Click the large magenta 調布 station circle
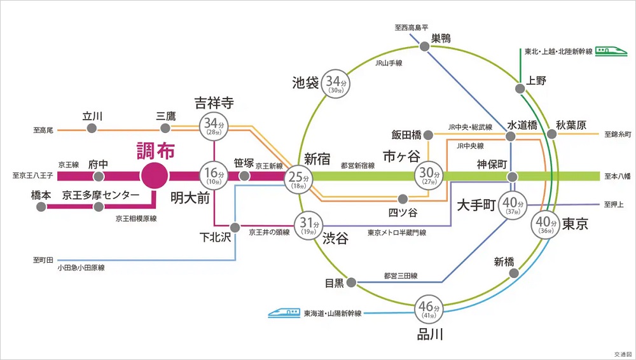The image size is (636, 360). pyautogui.click(x=155, y=175)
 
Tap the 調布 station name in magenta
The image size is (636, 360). pyautogui.click(x=156, y=151)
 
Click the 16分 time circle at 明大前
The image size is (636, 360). pyautogui.click(x=214, y=175)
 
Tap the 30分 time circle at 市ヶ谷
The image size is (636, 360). pyautogui.click(x=429, y=174)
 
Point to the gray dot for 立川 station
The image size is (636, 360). pyautogui.click(x=92, y=129)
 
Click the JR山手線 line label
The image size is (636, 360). pyautogui.click(x=389, y=63)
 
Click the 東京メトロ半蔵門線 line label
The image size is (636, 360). pyautogui.click(x=397, y=233)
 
